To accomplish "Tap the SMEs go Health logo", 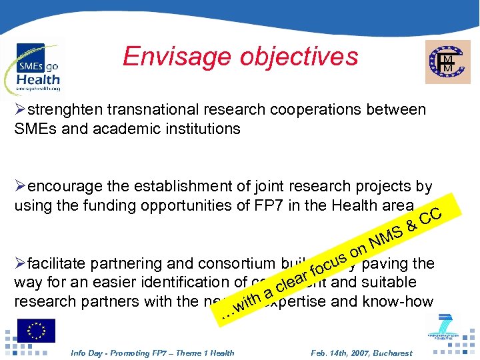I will click(37, 67).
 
